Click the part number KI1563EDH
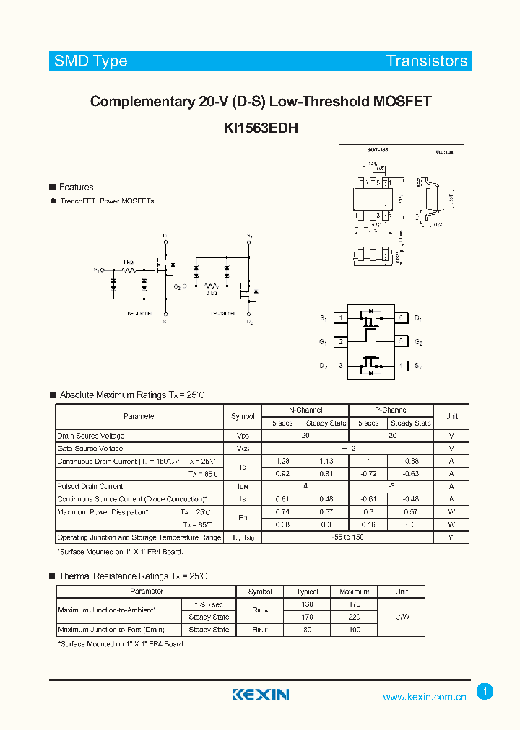point(261,128)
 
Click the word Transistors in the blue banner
point(427,61)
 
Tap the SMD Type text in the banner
point(91,61)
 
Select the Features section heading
point(76,187)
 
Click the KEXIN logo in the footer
point(261,695)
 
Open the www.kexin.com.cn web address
point(425,697)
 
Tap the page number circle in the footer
point(485,692)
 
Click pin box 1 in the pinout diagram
point(340,318)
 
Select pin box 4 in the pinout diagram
point(401,366)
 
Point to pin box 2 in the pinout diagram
point(340,342)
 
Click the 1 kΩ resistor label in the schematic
point(128,262)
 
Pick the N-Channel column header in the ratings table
point(305,410)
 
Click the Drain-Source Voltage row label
point(91,436)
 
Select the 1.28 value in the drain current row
point(282,461)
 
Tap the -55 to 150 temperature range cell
point(347,537)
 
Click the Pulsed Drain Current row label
point(90,487)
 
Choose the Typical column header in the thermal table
point(307,592)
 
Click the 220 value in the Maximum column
point(354,617)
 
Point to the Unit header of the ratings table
point(451,416)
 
